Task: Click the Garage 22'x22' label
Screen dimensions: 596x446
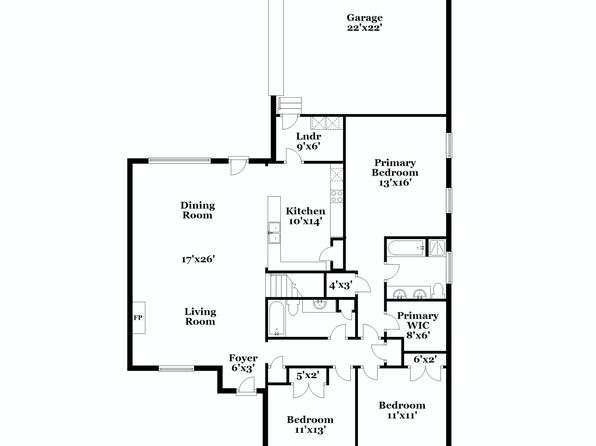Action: pos(365,22)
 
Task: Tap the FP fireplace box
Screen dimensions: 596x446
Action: pos(139,317)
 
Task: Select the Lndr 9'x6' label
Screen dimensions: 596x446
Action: pos(309,141)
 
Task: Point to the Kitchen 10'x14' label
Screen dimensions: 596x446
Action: pos(306,216)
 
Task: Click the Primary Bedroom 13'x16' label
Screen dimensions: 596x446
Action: pos(395,173)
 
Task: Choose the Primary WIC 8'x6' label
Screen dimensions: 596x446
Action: pos(418,325)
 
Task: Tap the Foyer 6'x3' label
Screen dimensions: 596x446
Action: pos(243,363)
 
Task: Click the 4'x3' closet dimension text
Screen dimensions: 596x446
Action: pos(341,285)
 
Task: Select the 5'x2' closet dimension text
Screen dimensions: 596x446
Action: pos(308,376)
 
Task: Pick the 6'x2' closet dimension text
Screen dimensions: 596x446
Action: pos(425,359)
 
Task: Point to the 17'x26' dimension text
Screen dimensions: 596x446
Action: pos(198,259)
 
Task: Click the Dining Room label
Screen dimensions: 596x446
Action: pos(198,210)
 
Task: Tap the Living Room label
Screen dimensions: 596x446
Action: pos(200,316)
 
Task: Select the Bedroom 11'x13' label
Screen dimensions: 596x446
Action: pos(310,424)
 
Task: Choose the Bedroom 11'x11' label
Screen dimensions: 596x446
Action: pos(402,410)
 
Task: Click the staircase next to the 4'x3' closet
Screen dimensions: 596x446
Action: pos(281,286)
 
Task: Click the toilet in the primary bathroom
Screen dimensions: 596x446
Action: pos(439,290)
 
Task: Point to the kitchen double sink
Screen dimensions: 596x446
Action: pos(274,233)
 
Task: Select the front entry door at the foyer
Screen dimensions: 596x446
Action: pos(246,386)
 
